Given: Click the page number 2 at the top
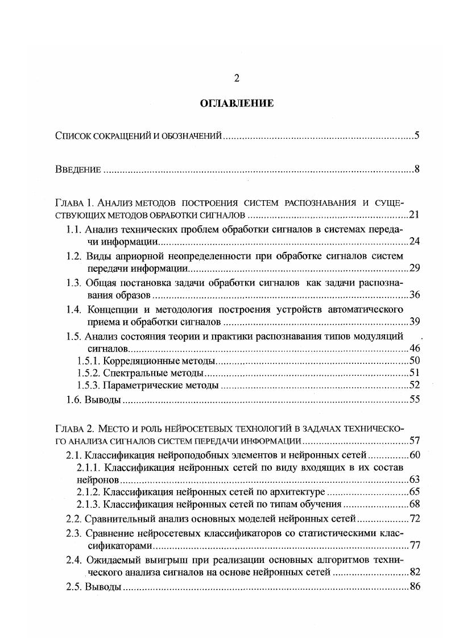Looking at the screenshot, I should [x=236, y=78].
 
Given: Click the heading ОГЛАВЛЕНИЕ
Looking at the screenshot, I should [x=236, y=103].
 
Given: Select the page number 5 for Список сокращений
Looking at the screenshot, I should [x=416, y=136].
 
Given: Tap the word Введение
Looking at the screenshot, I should [x=78, y=169].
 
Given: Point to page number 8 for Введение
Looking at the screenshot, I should [x=416, y=169].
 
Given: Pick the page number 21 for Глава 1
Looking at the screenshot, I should [x=414, y=215].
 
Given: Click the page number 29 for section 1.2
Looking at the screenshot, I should [x=414, y=268].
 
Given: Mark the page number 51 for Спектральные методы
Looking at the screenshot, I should [x=414, y=374].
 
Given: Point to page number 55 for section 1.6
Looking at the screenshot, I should [x=414, y=400].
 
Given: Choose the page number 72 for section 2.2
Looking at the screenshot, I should [x=414, y=519].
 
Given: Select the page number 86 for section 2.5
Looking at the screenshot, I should [x=414, y=586].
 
